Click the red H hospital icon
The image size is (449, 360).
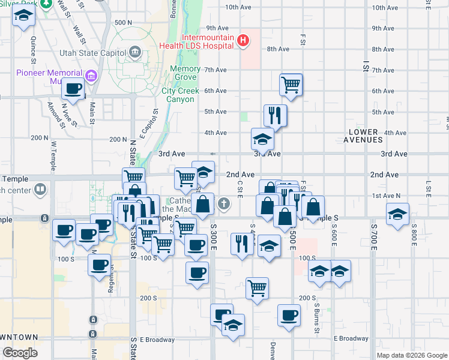pyautogui.click(x=243, y=41)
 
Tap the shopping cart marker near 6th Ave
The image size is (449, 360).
pyautogui.click(x=291, y=85)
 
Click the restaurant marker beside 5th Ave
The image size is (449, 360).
pyautogui.click(x=275, y=114)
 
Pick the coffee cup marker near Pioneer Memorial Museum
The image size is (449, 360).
pyautogui.click(x=73, y=89)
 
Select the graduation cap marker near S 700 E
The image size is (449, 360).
pyautogui.click(x=397, y=214)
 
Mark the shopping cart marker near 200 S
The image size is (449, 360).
pyautogui.click(x=258, y=287)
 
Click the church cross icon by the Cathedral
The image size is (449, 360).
pyautogui.click(x=224, y=204)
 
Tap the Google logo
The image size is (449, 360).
pyautogui.click(x=20, y=353)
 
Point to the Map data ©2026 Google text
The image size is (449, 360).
pyautogui.click(x=412, y=355)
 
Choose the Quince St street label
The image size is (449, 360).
pyautogui.click(x=34, y=49)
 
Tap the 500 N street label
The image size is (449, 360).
pyautogui.click(x=122, y=22)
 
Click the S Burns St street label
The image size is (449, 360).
pyautogui.click(x=316, y=316)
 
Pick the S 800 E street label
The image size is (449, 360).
pyautogui.click(x=414, y=235)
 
